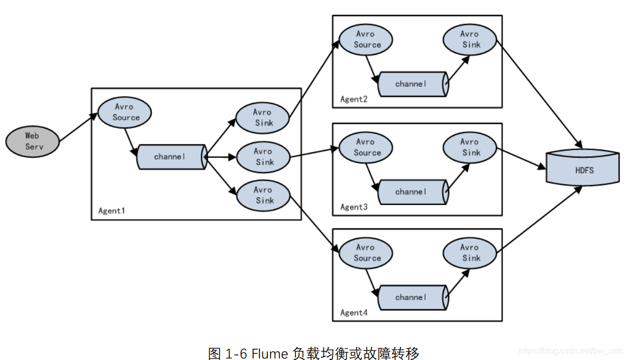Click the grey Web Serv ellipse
click(32, 141)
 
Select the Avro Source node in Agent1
click(125, 112)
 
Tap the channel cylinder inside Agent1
click(171, 157)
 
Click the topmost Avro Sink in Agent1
click(263, 117)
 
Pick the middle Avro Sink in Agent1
click(263, 156)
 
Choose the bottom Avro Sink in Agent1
click(263, 195)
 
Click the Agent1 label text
click(112, 210)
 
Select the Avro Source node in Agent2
click(366, 39)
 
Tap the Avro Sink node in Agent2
click(470, 39)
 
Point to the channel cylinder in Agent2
click(412, 84)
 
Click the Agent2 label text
click(354, 99)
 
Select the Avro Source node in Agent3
click(366, 147)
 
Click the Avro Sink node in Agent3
click(470, 147)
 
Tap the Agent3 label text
click(354, 207)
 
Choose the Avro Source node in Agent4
click(366, 253)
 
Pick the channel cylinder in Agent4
click(412, 297)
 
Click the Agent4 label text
click(354, 312)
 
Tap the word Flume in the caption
click(270, 353)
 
